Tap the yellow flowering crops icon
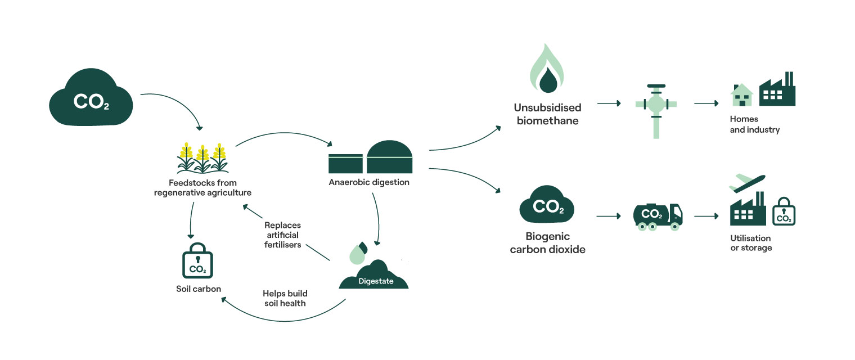pos(202,158)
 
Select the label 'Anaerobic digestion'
pos(369,182)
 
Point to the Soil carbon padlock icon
pos(197,262)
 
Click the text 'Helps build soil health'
pos(285,298)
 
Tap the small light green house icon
pos(741,96)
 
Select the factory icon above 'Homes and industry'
pos(777,90)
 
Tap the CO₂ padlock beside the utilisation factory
pos(784,212)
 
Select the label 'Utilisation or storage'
pos(751,243)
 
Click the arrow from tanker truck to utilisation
pos(706,216)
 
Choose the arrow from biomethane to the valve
pos(609,103)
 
